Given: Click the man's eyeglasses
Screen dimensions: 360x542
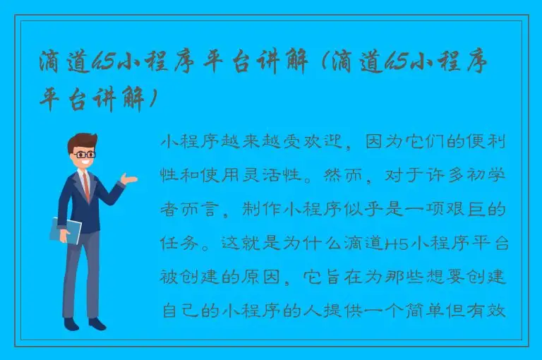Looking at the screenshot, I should pos(85,153).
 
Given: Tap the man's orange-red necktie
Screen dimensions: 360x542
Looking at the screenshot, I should pos(86,186).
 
